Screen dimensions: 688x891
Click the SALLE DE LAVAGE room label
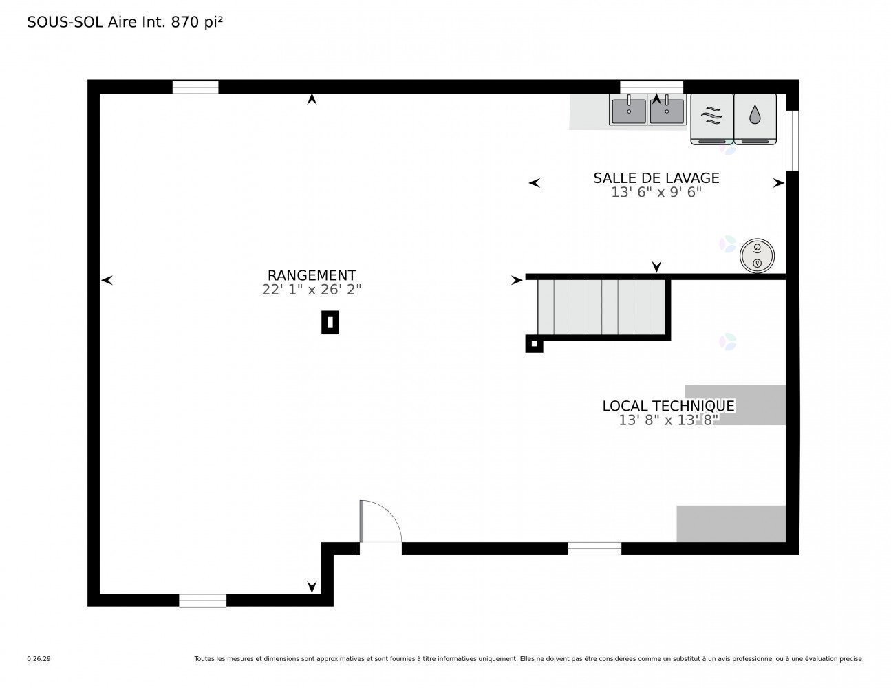[656, 178]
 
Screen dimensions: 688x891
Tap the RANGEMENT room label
[312, 276]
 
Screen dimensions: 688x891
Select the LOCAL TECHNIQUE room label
[668, 406]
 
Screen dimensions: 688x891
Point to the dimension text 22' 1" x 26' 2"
[312, 290]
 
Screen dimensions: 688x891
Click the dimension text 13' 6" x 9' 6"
[656, 193]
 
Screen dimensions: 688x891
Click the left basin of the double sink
[628, 111]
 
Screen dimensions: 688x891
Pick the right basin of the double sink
[667, 111]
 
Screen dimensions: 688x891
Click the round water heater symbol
[758, 255]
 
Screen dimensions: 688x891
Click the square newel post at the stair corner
[534, 344]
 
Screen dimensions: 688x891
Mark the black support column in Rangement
[330, 323]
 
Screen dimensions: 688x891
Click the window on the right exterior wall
[792, 140]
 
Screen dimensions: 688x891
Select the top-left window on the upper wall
[195, 87]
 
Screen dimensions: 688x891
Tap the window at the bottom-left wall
[202, 601]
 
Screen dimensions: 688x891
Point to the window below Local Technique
[594, 548]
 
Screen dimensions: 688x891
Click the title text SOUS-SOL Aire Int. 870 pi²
[125, 22]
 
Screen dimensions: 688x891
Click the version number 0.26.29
[39, 659]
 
